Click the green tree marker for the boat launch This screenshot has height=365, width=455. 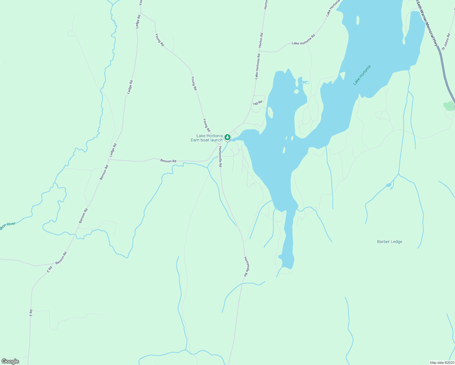pyautogui.click(x=227, y=137)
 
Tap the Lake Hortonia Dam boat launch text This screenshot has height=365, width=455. pyautogui.click(x=209, y=138)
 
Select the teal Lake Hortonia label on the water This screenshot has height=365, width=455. pyautogui.click(x=362, y=75)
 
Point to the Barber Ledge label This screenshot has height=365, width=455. pyautogui.click(x=390, y=242)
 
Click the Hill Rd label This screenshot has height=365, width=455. pyautogui.click(x=258, y=103)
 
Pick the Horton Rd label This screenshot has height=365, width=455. pyautogui.click(x=261, y=40)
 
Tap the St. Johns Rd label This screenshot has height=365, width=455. pyautogui.click(x=446, y=42)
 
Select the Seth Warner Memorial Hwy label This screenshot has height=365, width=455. pyautogui.click(x=427, y=24)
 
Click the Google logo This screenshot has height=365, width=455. pyautogui.click(x=10, y=361)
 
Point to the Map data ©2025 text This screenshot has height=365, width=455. pyautogui.click(x=441, y=363)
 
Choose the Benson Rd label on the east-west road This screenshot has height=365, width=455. pyautogui.click(x=168, y=161)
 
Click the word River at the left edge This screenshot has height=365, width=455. pyautogui.click(x=11, y=224)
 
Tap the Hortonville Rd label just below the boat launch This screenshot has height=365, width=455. pyautogui.click(x=220, y=157)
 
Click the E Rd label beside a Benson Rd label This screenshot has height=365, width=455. pyautogui.click(x=50, y=269)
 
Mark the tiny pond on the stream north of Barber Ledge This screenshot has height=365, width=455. pyautogui.click(x=388, y=185)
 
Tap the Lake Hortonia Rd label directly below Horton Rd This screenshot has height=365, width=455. pyautogui.click(x=257, y=66)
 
